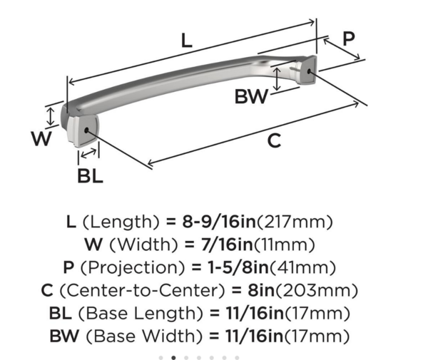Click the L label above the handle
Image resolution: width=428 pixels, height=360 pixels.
coord(186,41)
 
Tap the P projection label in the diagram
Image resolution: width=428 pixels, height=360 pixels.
coord(348,39)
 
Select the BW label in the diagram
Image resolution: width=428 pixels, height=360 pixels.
coord(250,97)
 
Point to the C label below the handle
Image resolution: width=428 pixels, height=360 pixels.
coord(274,141)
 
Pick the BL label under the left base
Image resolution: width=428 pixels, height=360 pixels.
coord(90,175)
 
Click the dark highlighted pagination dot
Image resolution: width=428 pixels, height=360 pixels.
coord(173,357)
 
